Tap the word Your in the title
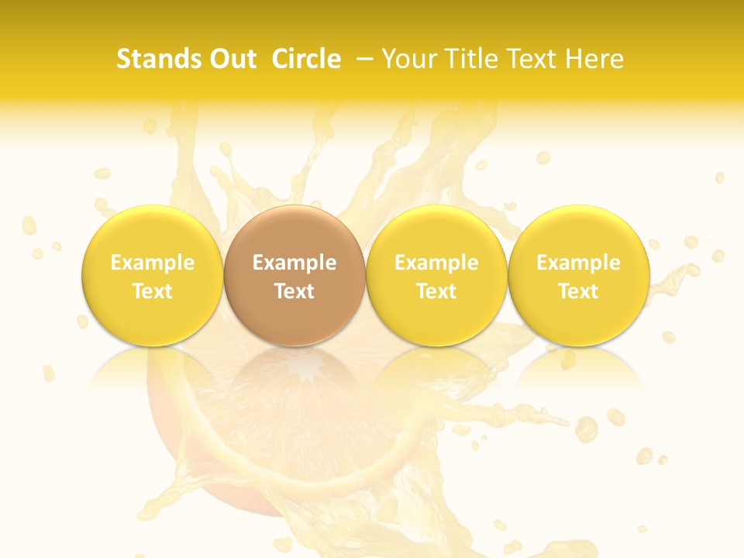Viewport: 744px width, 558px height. click(408, 59)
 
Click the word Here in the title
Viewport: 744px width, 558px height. click(594, 59)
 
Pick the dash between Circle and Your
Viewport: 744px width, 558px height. click(361, 59)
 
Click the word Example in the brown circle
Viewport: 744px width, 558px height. click(294, 263)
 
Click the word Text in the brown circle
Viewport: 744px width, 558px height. click(294, 291)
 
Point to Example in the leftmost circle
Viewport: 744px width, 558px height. click(153, 263)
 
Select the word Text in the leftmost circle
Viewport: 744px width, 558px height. click(153, 291)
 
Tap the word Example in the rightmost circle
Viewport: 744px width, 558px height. click(578, 263)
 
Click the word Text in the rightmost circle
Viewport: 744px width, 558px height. click(578, 291)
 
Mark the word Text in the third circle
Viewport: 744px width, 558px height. click(436, 291)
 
